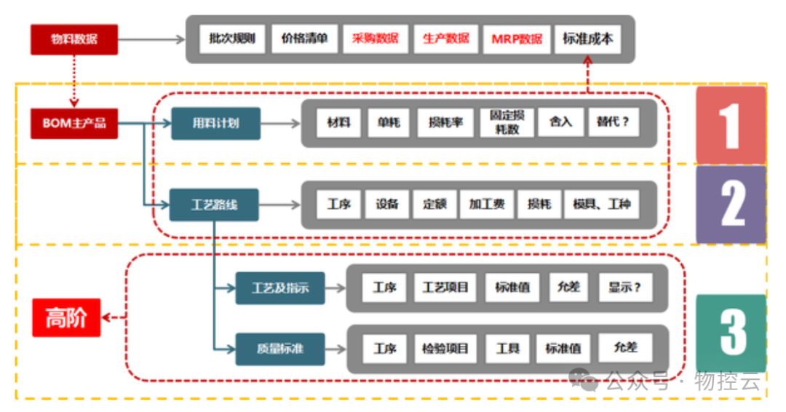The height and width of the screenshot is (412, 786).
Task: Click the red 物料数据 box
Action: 74,39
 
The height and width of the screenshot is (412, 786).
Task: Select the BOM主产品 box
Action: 74,123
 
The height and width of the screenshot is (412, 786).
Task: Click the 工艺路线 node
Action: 214,205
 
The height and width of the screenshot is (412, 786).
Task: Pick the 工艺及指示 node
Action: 280,288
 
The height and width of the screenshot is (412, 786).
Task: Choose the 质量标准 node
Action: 280,349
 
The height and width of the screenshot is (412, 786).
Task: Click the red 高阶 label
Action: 66,318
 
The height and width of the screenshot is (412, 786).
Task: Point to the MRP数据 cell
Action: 517,39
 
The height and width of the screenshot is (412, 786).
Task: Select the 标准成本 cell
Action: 587,39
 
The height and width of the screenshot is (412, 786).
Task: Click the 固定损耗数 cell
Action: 507,123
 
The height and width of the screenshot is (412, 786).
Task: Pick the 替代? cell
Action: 613,122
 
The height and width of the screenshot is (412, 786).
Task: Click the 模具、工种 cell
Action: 602,205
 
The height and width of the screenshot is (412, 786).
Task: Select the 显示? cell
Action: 625,288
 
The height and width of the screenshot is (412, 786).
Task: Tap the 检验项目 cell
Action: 445,349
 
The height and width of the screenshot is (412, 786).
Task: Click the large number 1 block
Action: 730,125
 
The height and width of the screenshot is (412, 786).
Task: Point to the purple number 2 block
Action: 731,205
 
